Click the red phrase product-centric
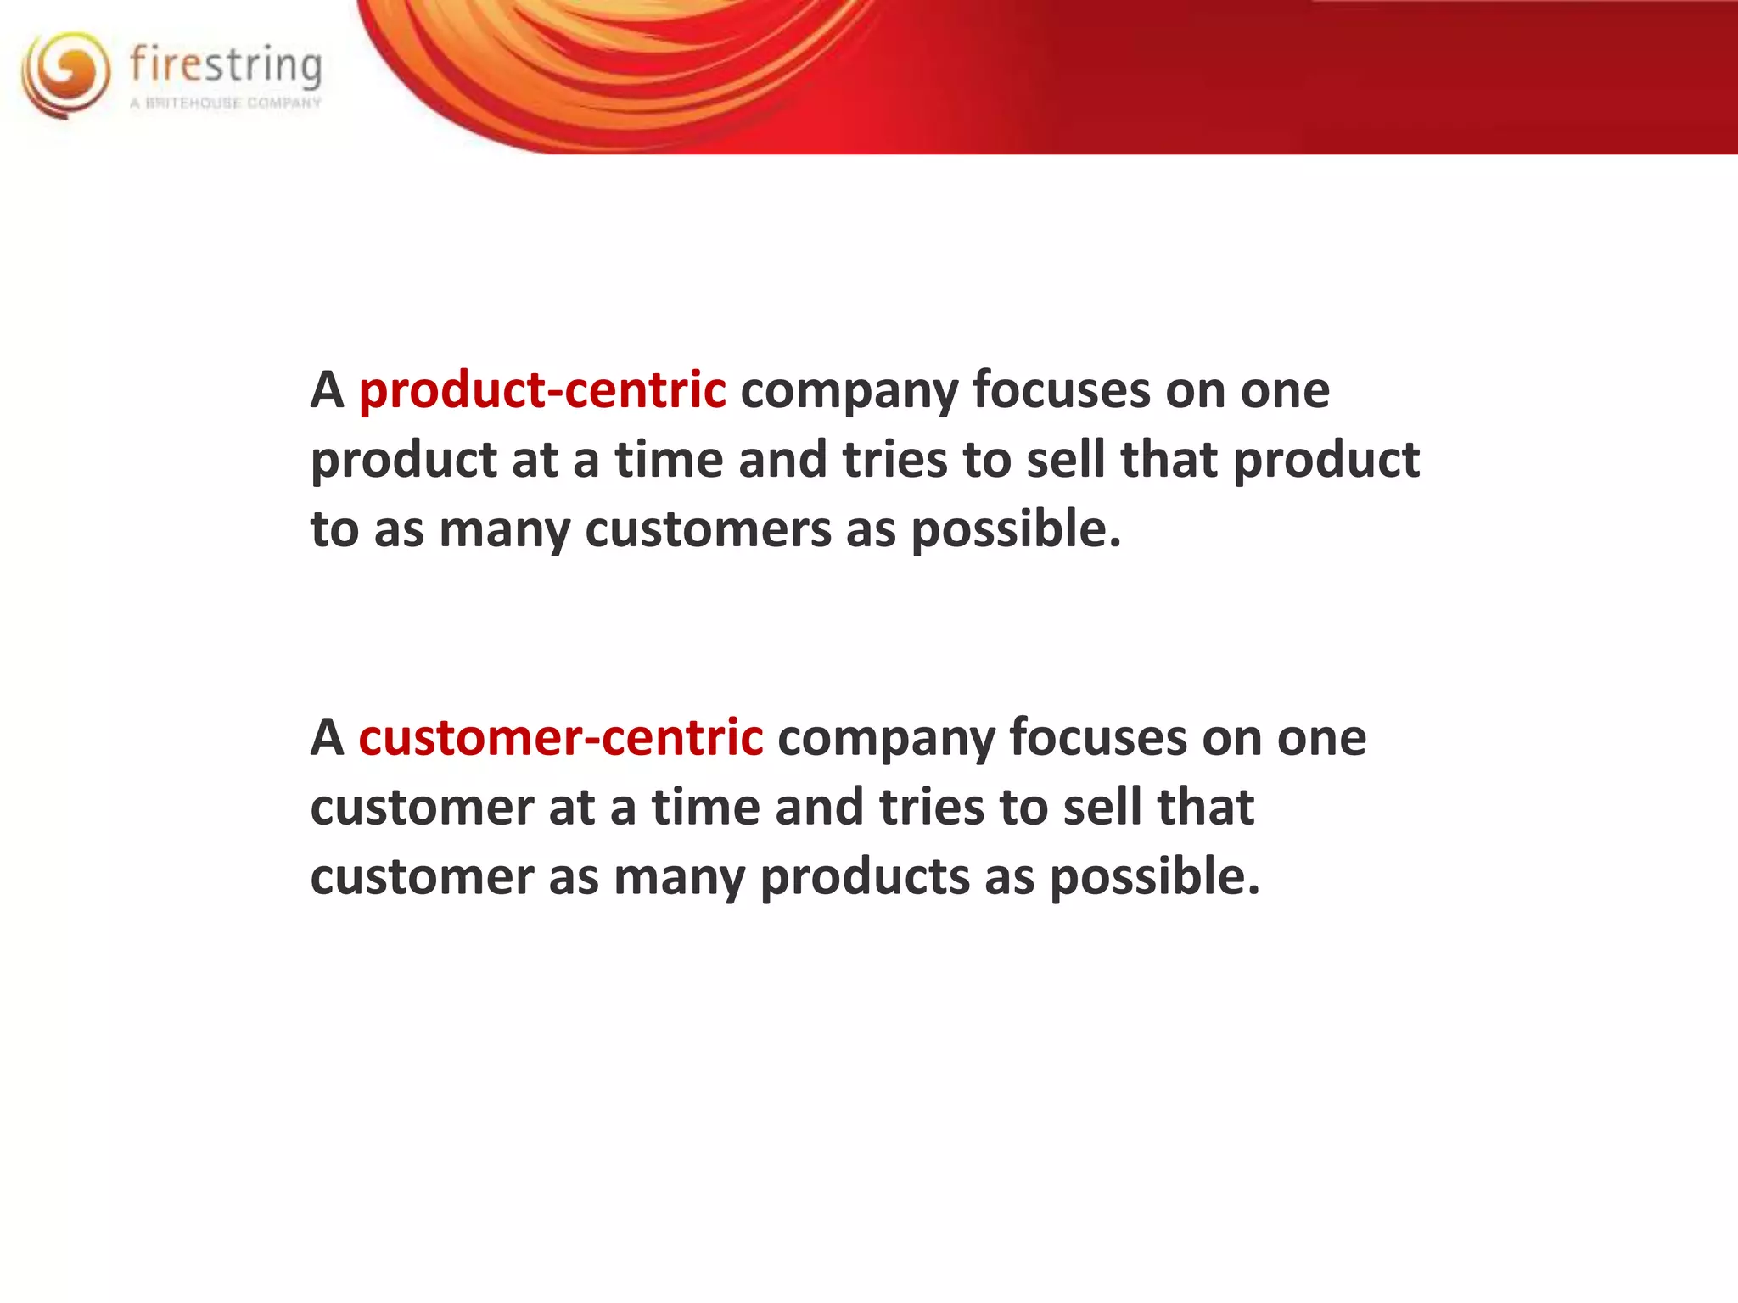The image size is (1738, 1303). [x=542, y=391]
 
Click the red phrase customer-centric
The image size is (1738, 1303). [x=561, y=737]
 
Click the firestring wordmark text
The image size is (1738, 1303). [x=226, y=65]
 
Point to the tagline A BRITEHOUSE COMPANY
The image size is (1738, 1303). [x=226, y=103]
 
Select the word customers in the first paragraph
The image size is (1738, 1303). [x=708, y=530]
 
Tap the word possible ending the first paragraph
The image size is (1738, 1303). [x=1015, y=530]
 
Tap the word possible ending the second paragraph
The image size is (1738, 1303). [x=1154, y=877]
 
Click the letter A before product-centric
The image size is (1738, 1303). [x=327, y=391]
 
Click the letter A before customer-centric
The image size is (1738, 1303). [x=327, y=737]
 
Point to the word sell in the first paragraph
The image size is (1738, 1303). [x=1065, y=459]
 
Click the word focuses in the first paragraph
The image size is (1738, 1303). [x=1061, y=391]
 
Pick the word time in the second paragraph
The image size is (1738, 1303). [x=705, y=806]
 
